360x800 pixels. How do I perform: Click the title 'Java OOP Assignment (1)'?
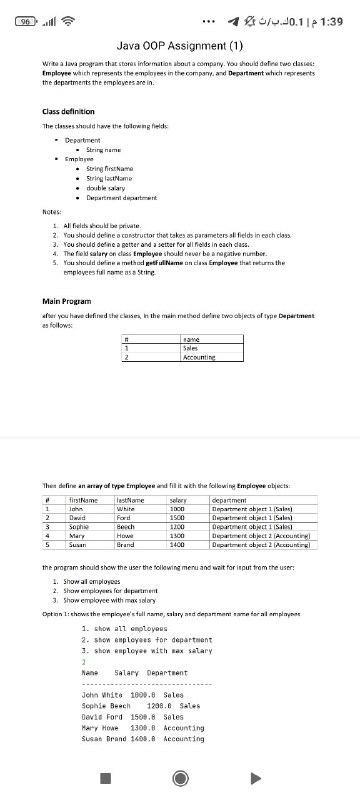[x=180, y=45]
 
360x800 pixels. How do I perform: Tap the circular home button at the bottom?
[x=180, y=778]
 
